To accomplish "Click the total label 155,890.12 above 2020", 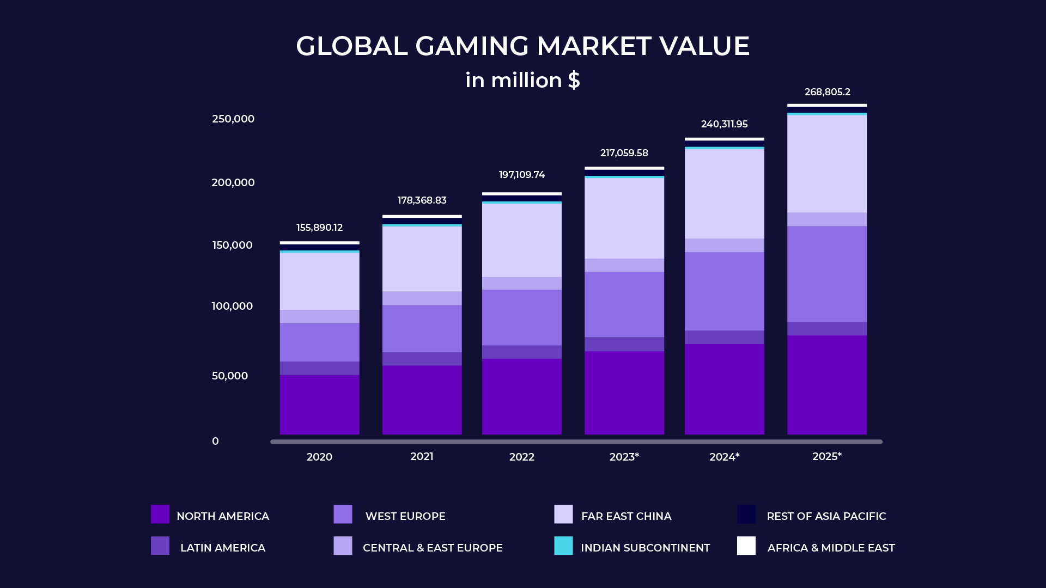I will [x=319, y=228].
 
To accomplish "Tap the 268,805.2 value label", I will [x=827, y=92].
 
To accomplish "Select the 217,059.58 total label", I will [x=624, y=153].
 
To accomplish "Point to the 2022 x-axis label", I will [x=521, y=457].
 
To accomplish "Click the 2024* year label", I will [x=724, y=457].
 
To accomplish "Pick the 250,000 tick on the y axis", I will [x=233, y=119].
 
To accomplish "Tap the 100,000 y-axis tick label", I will [x=232, y=306].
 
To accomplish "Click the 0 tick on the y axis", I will [x=215, y=441].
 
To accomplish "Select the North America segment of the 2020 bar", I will [x=319, y=404].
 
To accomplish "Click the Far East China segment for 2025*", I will [x=827, y=163].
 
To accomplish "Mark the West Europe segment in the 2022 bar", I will [x=521, y=317].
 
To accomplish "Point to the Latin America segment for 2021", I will [x=422, y=359].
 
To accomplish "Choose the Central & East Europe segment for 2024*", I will [x=724, y=245].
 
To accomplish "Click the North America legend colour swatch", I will [x=160, y=514].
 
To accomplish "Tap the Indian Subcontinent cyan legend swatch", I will [x=563, y=546].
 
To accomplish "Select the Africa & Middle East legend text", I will [x=831, y=548].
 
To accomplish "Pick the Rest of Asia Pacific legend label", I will [x=826, y=516].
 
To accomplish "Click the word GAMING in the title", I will [x=472, y=46].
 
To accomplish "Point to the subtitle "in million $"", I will [x=522, y=80].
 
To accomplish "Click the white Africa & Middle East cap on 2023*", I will [x=624, y=168].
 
